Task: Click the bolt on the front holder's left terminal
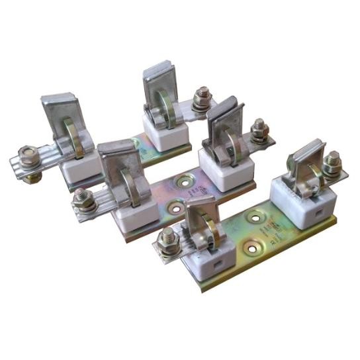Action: pyautogui.click(x=168, y=236)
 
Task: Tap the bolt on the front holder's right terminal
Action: pyautogui.click(x=333, y=161)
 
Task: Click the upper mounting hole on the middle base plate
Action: pyautogui.click(x=181, y=181)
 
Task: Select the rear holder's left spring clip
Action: pyautogui.click(x=66, y=122)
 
